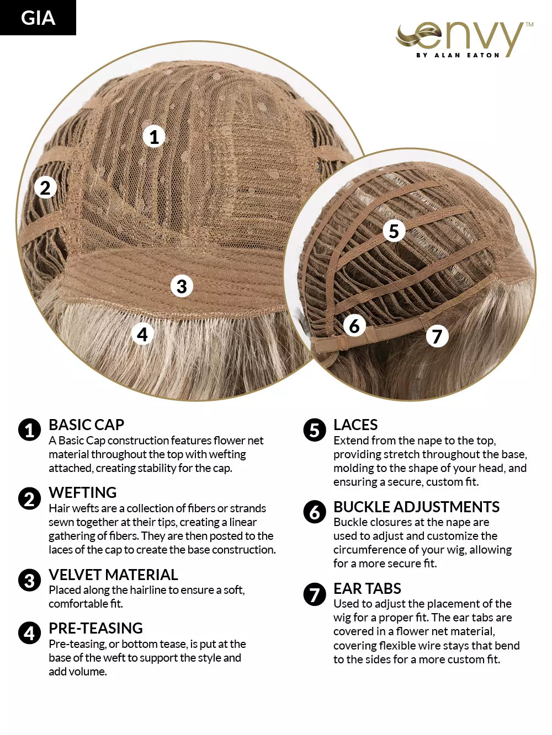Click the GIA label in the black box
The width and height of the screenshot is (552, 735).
click(x=38, y=18)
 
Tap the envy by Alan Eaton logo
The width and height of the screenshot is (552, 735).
click(x=464, y=40)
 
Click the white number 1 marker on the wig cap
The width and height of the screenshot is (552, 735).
click(x=154, y=137)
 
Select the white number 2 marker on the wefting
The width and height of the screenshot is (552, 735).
click(x=45, y=187)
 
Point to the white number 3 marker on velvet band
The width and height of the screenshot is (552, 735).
click(x=182, y=286)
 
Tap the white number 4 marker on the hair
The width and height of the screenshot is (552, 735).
click(x=142, y=334)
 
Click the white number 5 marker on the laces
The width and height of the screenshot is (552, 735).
click(x=394, y=230)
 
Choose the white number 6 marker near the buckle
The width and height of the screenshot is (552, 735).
click(x=354, y=326)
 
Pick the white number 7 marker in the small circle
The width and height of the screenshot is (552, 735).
click(x=437, y=336)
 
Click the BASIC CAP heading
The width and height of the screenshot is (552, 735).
click(x=87, y=425)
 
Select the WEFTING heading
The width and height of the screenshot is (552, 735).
click(x=83, y=492)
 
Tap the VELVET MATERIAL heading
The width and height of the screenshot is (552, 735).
click(x=113, y=575)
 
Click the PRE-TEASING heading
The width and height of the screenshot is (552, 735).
click(x=96, y=628)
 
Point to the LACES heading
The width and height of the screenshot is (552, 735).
click(x=355, y=425)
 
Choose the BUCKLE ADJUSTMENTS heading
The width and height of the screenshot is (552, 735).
click(x=417, y=507)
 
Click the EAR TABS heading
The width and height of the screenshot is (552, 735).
click(x=367, y=588)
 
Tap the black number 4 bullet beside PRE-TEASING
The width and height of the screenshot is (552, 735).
click(x=29, y=633)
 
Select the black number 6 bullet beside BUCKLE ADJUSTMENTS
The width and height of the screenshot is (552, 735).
click(x=315, y=512)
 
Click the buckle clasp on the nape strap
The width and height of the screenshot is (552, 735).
click(x=342, y=342)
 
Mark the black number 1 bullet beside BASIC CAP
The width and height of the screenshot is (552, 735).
click(x=29, y=430)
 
